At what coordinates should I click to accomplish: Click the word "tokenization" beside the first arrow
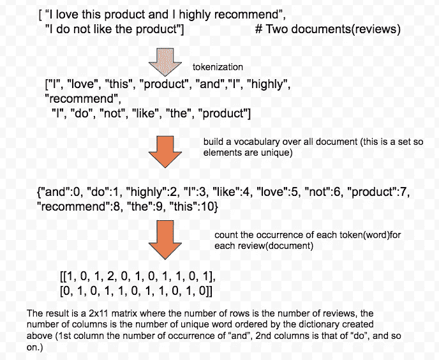click(x=218, y=67)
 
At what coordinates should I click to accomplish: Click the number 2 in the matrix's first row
click(x=112, y=276)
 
